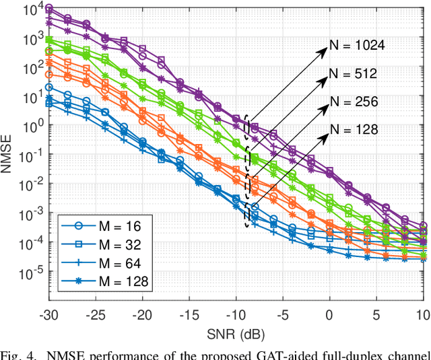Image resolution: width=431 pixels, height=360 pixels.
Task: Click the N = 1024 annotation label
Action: point(356,46)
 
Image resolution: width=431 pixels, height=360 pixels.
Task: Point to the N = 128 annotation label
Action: point(353,129)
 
